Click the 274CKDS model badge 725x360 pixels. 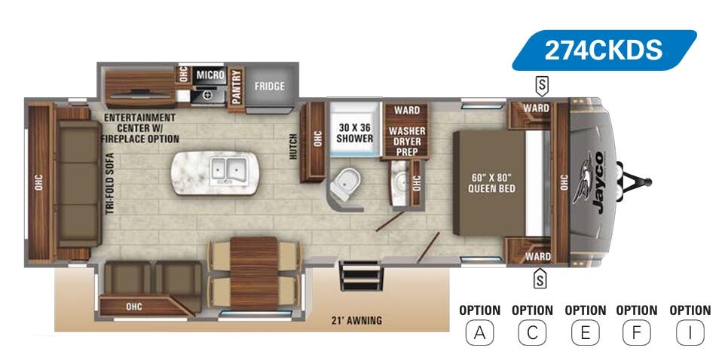604,50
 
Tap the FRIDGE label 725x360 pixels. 269,86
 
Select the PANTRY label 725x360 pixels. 237,86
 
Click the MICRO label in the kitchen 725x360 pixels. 210,75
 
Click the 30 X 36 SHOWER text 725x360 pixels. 354,133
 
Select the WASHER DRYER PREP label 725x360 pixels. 407,141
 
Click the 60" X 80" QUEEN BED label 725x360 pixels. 491,183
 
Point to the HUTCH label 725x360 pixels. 294,147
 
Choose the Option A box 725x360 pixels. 479,332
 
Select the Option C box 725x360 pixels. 532,332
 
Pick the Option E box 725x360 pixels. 585,332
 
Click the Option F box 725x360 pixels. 636,332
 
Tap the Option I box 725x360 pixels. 690,332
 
